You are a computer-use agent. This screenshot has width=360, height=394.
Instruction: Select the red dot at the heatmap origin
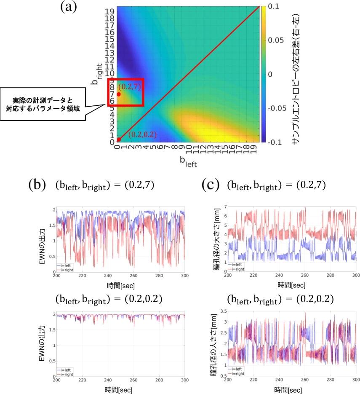tap(119, 139)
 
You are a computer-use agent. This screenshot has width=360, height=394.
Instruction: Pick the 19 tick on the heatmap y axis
tap(110, 10)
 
